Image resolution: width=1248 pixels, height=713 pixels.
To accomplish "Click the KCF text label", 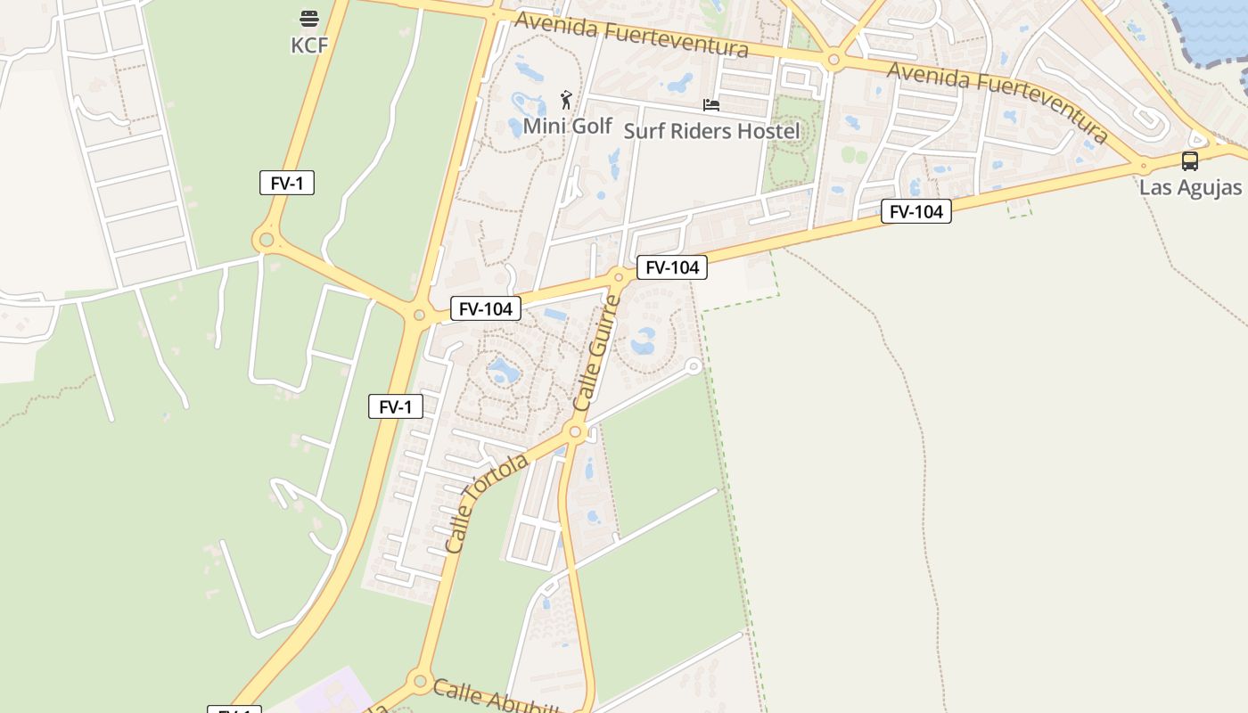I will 309,45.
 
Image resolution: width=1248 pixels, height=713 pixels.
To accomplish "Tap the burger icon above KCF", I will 309,19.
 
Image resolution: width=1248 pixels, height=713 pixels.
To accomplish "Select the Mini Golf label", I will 567,126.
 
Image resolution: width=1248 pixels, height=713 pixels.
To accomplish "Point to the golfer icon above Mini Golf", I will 566,99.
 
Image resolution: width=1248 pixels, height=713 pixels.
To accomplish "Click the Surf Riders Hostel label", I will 711,131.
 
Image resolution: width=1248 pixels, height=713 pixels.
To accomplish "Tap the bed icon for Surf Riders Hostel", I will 710,105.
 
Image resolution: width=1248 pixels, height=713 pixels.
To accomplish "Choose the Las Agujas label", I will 1190,187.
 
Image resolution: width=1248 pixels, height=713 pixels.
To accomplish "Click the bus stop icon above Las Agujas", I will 1189,161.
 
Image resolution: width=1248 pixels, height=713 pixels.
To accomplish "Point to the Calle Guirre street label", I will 596,353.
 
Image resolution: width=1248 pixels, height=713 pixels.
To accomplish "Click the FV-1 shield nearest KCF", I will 287,184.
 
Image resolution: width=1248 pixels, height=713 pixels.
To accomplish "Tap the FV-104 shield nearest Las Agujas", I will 916,211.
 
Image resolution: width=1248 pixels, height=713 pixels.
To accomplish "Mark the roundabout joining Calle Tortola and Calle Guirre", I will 575,433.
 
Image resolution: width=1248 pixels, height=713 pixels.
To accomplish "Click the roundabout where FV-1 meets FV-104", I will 419,315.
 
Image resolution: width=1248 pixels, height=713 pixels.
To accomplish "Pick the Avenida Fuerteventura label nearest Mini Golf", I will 631,35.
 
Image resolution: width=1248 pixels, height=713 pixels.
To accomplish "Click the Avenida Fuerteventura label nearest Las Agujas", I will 998,101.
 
